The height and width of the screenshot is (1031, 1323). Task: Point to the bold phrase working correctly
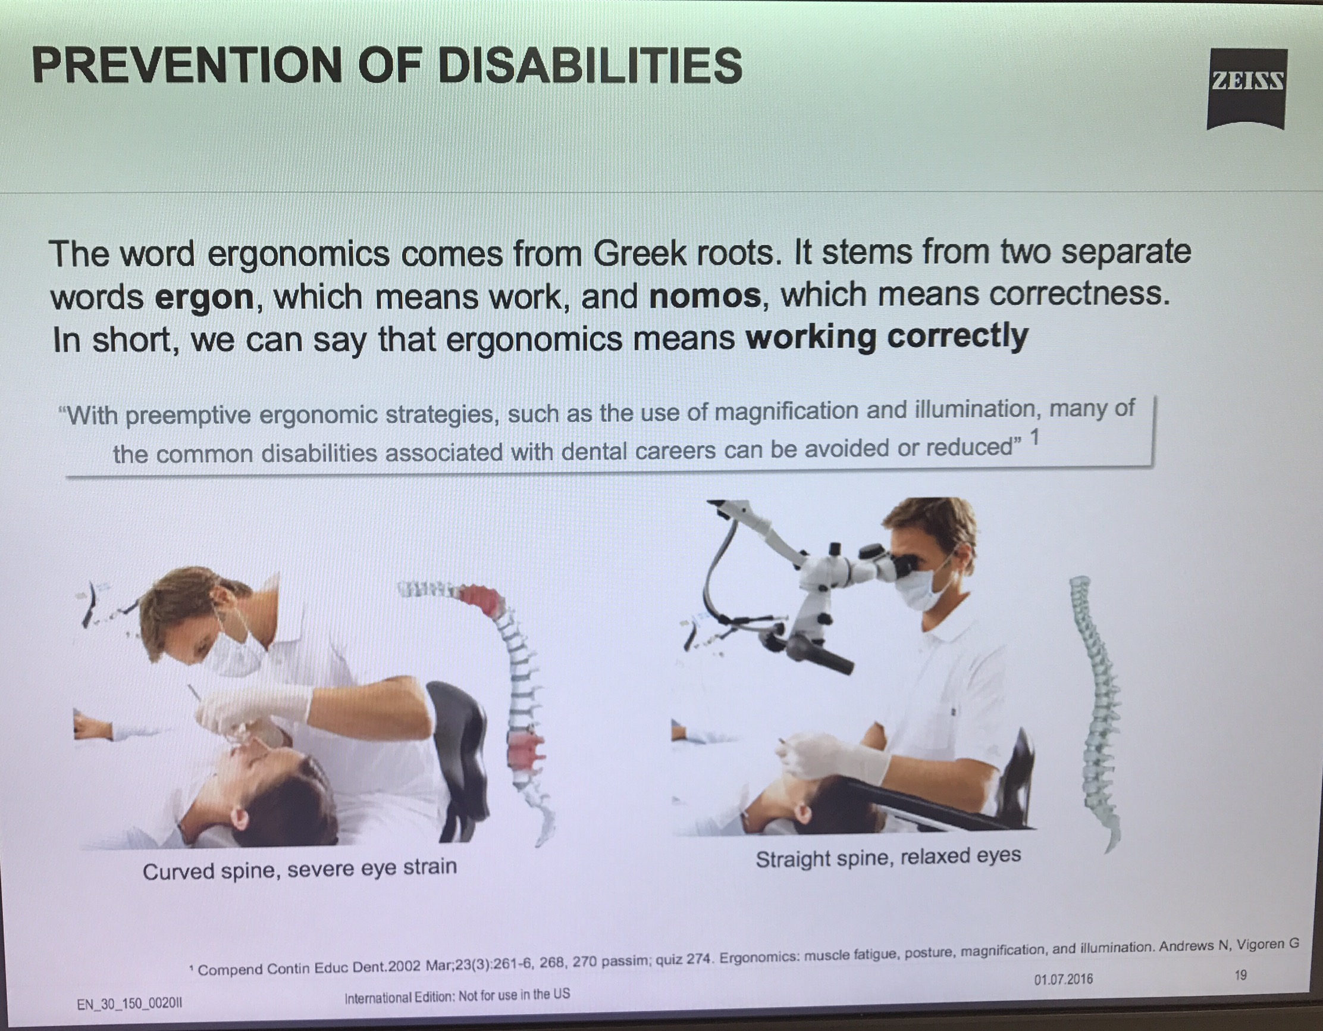(x=887, y=337)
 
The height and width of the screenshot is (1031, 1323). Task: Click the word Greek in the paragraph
(x=639, y=253)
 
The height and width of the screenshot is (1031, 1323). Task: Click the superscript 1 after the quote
(x=1034, y=437)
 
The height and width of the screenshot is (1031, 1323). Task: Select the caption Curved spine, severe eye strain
(x=300, y=870)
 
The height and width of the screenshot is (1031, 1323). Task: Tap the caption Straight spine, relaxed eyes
(x=888, y=857)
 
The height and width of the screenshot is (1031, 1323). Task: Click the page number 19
(x=1241, y=975)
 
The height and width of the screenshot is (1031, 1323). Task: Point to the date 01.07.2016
(x=1063, y=979)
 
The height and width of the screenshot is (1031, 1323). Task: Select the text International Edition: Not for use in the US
(x=457, y=996)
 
